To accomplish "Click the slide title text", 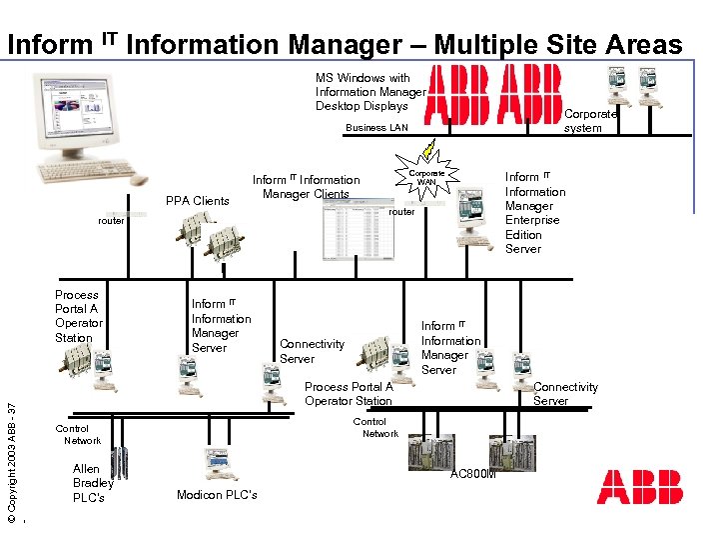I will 345,44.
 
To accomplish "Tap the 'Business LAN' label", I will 376,128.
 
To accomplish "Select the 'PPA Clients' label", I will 197,201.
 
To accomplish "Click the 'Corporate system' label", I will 589,121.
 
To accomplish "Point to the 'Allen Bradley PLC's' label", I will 92,483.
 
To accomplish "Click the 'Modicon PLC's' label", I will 217,495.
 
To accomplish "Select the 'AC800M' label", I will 473,474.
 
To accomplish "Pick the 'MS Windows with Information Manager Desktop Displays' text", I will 369,92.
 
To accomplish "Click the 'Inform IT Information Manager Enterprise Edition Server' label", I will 534,213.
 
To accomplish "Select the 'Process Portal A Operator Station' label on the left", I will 78,316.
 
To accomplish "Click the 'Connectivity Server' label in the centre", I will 312,351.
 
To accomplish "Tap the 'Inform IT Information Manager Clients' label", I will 306,187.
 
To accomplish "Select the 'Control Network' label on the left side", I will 81,434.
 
